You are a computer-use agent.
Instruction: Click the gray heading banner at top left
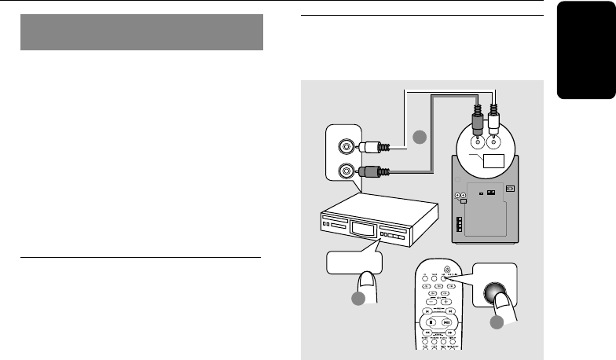pyautogui.click(x=141, y=32)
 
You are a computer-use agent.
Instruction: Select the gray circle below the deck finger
pyautogui.click(x=358, y=299)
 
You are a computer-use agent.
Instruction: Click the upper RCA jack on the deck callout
pyautogui.click(x=344, y=146)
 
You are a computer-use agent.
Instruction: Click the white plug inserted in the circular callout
pyautogui.click(x=496, y=121)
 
